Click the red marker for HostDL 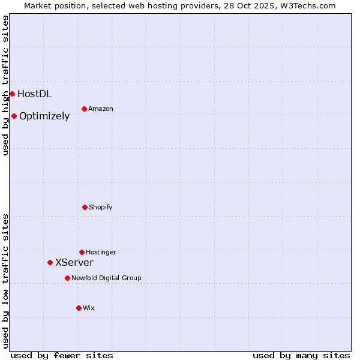pyautogui.click(x=12, y=94)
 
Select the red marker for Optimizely pyautogui.click(x=14, y=116)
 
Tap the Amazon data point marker pyautogui.click(x=85, y=109)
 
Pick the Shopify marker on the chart pyautogui.click(x=85, y=207)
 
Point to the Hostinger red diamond pyautogui.click(x=82, y=252)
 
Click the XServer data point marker pyautogui.click(x=50, y=262)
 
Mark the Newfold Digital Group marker pyautogui.click(x=67, y=278)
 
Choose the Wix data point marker pyautogui.click(x=79, y=308)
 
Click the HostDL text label pyautogui.click(x=34, y=94)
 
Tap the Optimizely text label pyautogui.click(x=44, y=116)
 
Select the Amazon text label pyautogui.click(x=101, y=109)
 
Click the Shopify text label pyautogui.click(x=101, y=207)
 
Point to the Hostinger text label pyautogui.click(x=101, y=252)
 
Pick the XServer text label pyautogui.click(x=74, y=262)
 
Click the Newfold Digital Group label pyautogui.click(x=106, y=278)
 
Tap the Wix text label pyautogui.click(x=89, y=308)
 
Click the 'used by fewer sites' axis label pyautogui.click(x=62, y=355)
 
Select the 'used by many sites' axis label pyautogui.click(x=301, y=355)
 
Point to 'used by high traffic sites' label pyautogui.click(x=5, y=85)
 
